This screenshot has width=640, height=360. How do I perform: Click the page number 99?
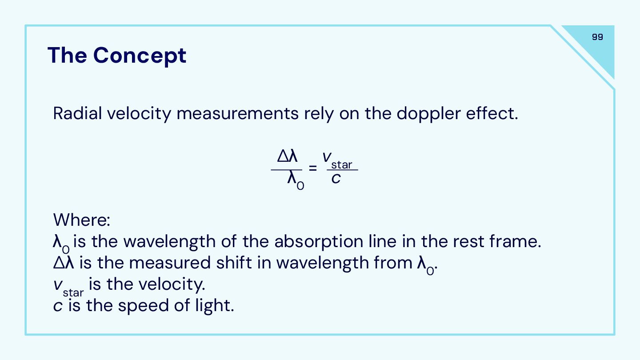[597, 37]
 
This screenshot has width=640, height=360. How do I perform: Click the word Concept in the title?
[140, 56]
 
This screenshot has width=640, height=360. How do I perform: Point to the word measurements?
[237, 114]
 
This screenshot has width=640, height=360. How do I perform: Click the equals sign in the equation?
[313, 168]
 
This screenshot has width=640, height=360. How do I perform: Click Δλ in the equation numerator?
[287, 156]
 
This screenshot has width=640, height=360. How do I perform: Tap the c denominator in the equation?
[336, 179]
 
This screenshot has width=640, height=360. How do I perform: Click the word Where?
[82, 220]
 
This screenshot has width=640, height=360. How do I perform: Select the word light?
[215, 306]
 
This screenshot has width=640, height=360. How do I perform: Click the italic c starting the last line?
[58, 306]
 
